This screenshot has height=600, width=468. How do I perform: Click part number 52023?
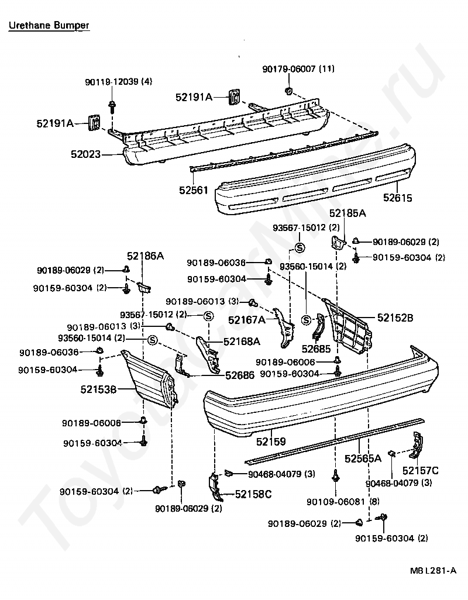tap(85, 154)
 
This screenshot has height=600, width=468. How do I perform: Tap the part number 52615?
tap(398, 198)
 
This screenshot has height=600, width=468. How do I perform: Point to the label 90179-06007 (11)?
tap(298, 69)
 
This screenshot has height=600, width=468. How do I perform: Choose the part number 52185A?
tap(347, 213)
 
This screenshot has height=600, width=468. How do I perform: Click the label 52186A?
tap(146, 256)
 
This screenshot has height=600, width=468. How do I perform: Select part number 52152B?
tap(395, 318)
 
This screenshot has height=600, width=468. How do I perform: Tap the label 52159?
tap(271, 442)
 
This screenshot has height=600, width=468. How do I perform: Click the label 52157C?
tap(421, 470)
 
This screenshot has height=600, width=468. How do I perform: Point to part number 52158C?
tap(253, 495)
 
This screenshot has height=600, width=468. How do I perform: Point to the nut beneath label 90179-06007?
tap(288, 91)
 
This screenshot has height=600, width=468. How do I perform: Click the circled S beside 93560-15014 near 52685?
tap(305, 319)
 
